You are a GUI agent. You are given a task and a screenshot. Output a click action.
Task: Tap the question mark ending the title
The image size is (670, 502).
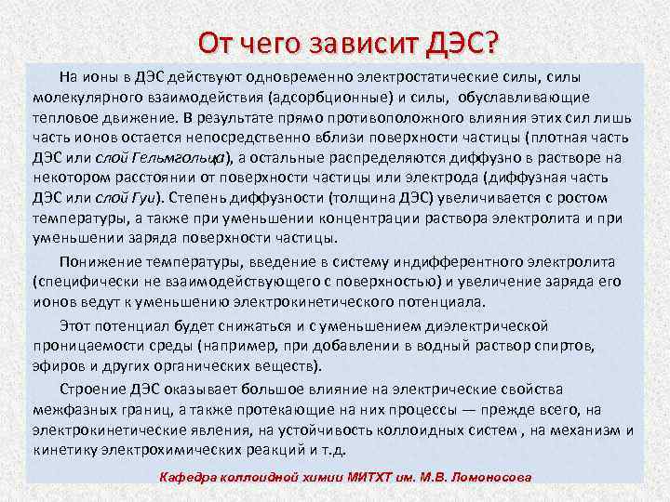pyautogui.click(x=491, y=43)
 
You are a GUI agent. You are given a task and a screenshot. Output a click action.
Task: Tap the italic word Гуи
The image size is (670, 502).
pyautogui.click(x=143, y=197)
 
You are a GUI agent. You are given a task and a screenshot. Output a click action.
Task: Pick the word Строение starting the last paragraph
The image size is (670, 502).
pyautogui.click(x=90, y=389)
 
